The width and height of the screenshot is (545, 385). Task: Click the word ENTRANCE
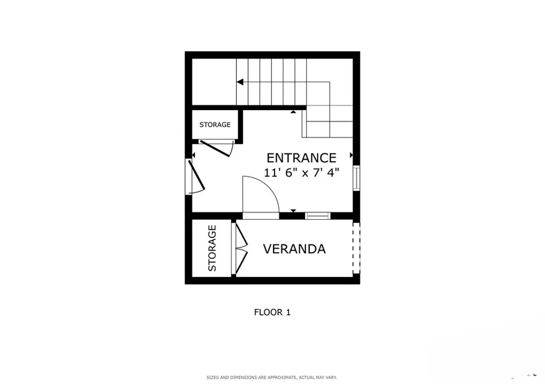click(301, 158)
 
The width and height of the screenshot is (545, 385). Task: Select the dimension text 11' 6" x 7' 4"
click(301, 173)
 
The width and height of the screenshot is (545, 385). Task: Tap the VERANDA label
click(294, 249)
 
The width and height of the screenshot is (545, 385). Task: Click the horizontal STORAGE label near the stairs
click(215, 124)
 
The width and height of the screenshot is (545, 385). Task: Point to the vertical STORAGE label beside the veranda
click(212, 248)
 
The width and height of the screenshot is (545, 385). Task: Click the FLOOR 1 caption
click(272, 313)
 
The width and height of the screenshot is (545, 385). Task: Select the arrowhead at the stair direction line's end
click(240, 82)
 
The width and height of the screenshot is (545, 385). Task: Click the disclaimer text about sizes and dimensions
click(272, 378)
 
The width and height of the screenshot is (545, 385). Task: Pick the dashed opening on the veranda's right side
click(356, 248)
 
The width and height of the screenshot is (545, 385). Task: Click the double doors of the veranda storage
click(241, 248)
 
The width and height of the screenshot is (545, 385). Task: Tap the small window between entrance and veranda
click(317, 215)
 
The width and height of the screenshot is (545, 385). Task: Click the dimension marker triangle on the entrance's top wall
click(293, 112)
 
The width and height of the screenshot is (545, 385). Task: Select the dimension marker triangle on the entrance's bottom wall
click(293, 211)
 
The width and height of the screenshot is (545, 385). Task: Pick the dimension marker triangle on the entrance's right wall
click(351, 155)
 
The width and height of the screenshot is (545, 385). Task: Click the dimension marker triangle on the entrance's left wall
click(193, 155)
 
